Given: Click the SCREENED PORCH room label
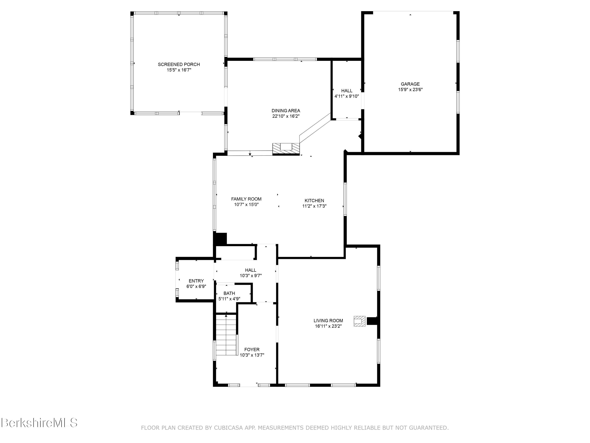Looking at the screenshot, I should pos(179,64).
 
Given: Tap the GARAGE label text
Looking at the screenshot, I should pos(410,84).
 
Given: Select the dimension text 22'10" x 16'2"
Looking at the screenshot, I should pos(286,116).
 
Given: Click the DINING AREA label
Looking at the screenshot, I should pos(286,110).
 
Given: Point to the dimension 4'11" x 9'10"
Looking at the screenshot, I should pos(347,96).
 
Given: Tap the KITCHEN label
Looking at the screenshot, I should pos(314,201).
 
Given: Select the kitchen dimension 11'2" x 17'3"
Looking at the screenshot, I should pos(314,206).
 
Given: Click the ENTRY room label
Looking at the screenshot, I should pos(196,281).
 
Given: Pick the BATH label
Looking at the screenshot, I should pos(229,293).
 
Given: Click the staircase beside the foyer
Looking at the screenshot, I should pos(226,335).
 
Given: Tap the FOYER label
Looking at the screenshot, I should pos(252,349).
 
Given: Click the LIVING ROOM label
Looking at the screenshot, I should pos(328,321).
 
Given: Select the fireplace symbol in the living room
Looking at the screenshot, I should pos(359,321).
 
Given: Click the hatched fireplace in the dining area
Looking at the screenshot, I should pos(286,148).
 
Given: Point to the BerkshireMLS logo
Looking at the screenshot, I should pos(39,423).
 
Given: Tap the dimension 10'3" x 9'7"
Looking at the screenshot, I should pos(251,276).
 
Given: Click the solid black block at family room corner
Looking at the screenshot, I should pos(220,238).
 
